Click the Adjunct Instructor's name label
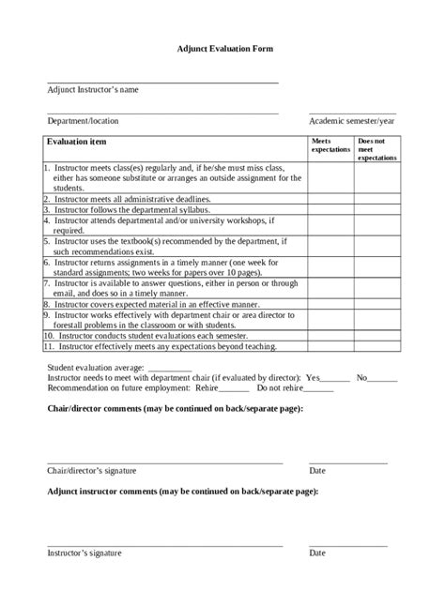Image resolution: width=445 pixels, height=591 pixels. tap(93, 90)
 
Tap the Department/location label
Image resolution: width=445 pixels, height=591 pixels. tap(83, 121)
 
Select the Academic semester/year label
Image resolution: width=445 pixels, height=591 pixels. tap(352, 121)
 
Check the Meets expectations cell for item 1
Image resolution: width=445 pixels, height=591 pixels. tap(330, 177)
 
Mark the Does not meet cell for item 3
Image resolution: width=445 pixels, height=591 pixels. tap(376, 210)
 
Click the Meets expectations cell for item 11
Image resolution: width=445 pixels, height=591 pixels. tap(330, 345)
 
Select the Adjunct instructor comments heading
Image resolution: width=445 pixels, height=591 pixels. tap(182, 492)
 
